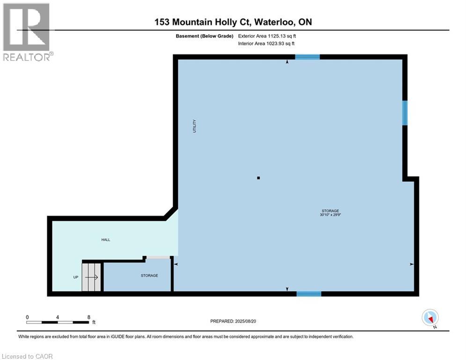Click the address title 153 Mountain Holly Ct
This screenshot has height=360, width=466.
tap(233, 22)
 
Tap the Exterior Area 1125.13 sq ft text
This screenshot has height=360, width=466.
tap(266, 36)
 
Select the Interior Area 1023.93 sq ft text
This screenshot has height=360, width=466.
tap(266, 43)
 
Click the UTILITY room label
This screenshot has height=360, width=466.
tap(194, 127)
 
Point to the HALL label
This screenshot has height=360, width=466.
tap(106, 240)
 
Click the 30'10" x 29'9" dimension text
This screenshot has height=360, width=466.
tap(330, 216)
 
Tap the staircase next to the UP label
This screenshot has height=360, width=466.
tap(92, 277)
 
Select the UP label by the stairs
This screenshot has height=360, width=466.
tap(75, 277)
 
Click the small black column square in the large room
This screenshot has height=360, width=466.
tap(258, 178)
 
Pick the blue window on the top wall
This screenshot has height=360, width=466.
tap(307, 57)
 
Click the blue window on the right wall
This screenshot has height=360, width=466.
tap(405, 113)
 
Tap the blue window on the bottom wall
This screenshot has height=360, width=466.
tap(309, 294)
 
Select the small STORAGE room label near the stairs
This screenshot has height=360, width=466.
tap(149, 275)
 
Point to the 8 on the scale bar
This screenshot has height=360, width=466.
tap(89, 317)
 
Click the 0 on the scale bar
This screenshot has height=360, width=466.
tap(28, 317)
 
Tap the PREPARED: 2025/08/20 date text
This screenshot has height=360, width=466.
tap(233, 321)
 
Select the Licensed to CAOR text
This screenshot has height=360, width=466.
tap(28, 356)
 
